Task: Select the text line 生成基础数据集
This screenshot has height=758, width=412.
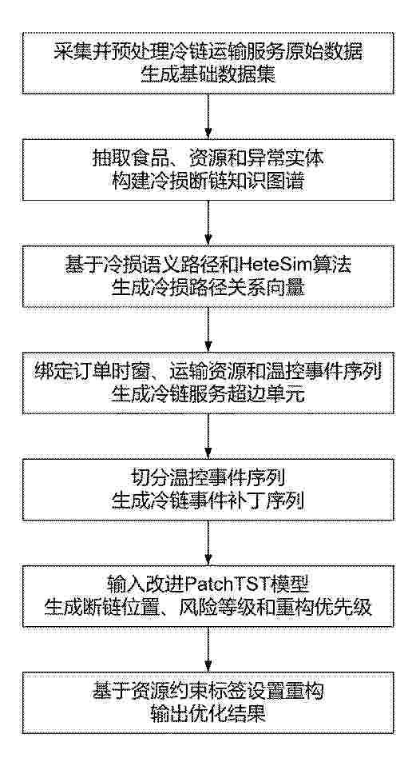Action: tap(208, 74)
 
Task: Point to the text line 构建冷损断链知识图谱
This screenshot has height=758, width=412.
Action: tap(208, 181)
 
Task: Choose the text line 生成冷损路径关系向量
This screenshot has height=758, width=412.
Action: tap(208, 287)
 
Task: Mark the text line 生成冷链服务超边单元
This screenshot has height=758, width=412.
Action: tap(208, 393)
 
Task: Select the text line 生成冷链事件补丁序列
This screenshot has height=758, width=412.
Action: tap(208, 500)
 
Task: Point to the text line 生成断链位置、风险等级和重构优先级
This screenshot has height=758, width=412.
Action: tap(208, 606)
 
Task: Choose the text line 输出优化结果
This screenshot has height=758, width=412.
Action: tap(208, 712)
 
